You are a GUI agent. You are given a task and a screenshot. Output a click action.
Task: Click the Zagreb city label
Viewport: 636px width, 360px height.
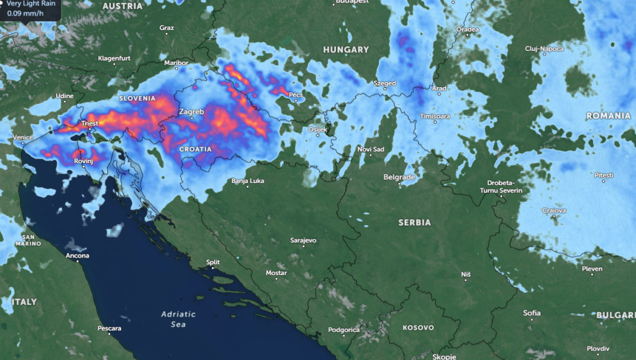[x=191, y=112]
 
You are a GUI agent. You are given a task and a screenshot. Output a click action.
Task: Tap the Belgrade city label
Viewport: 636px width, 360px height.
[x=399, y=177]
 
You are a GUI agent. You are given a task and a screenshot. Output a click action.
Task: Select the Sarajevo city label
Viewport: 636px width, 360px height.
[x=303, y=240]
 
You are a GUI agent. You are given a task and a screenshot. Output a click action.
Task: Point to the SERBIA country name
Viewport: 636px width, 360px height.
[x=414, y=222]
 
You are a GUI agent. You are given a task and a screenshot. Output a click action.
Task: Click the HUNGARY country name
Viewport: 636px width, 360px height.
[x=346, y=49]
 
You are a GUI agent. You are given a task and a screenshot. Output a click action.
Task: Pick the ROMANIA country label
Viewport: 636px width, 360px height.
[x=608, y=116]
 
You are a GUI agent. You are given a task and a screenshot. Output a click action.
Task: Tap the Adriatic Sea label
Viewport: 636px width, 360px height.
[x=178, y=319]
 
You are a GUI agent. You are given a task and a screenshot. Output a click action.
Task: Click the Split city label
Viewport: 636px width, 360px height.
[x=213, y=262]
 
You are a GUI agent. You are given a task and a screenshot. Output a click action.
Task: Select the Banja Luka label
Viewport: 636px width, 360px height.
[x=248, y=181]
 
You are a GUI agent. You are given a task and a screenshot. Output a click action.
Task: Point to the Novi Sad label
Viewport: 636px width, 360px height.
[x=371, y=149]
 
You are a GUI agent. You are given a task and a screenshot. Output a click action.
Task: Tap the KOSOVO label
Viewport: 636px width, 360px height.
[x=418, y=327]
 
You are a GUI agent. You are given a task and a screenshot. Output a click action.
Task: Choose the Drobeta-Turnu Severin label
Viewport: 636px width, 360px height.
[x=501, y=186]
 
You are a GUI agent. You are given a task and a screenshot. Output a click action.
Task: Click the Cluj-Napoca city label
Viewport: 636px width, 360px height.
[x=543, y=48]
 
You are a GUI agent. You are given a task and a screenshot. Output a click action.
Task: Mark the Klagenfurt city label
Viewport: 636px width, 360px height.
[x=114, y=58]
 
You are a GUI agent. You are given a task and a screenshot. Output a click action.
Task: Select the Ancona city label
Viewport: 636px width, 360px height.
[x=78, y=256]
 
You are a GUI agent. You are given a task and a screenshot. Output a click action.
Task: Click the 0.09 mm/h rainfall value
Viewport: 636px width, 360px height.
[x=22, y=12]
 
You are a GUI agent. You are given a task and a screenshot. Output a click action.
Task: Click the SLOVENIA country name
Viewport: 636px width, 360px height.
[x=137, y=98]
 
